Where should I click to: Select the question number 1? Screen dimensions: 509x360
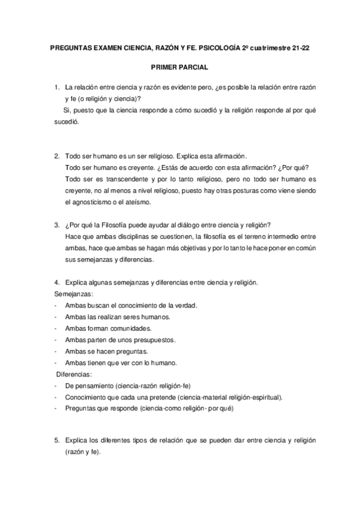(56, 88)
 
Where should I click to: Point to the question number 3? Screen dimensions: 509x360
(56, 225)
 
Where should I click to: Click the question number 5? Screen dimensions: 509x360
(56, 441)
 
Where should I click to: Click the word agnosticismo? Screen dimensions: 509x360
(88, 202)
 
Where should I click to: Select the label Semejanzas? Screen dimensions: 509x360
(74, 294)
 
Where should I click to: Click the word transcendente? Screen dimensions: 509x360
(115, 179)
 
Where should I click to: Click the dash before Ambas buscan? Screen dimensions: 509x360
(56, 306)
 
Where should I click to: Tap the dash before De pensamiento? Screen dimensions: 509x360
(56, 385)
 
